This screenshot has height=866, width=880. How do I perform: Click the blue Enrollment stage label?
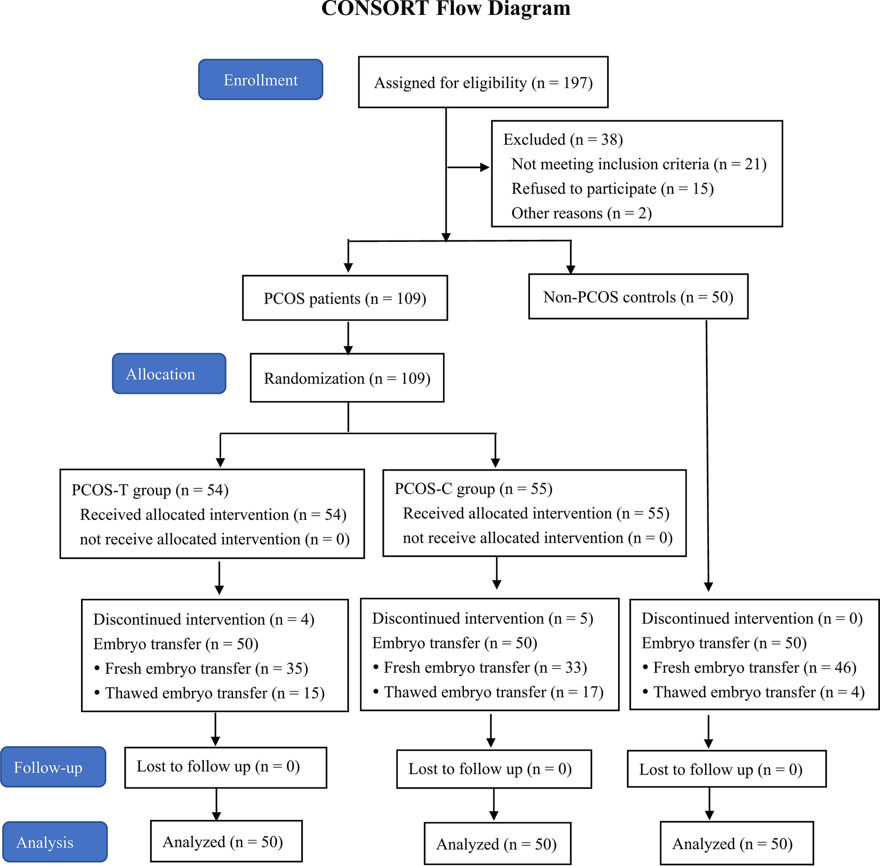click(261, 79)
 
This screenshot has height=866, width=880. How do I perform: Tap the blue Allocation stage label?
click(169, 374)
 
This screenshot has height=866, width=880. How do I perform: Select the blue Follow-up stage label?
click(53, 767)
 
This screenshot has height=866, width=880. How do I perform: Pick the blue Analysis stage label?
click(55, 842)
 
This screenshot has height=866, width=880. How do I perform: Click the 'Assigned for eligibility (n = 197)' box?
click(483, 82)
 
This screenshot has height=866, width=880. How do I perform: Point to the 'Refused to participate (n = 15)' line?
click(613, 189)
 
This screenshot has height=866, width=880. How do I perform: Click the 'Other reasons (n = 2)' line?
click(582, 213)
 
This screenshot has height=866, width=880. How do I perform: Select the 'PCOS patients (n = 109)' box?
click(345, 298)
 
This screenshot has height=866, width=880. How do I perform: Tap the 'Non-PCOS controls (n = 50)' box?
click(638, 297)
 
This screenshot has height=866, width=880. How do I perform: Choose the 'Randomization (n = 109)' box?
click(347, 378)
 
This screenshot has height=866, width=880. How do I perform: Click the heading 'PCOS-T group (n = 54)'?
click(150, 490)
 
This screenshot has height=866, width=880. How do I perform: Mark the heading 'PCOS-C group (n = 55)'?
click(473, 489)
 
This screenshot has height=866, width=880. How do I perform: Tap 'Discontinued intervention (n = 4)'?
click(204, 620)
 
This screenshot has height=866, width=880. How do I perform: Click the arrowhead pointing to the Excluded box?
click(485, 167)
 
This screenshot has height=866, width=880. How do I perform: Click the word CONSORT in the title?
click(375, 8)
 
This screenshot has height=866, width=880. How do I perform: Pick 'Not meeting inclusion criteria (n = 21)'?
click(639, 164)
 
